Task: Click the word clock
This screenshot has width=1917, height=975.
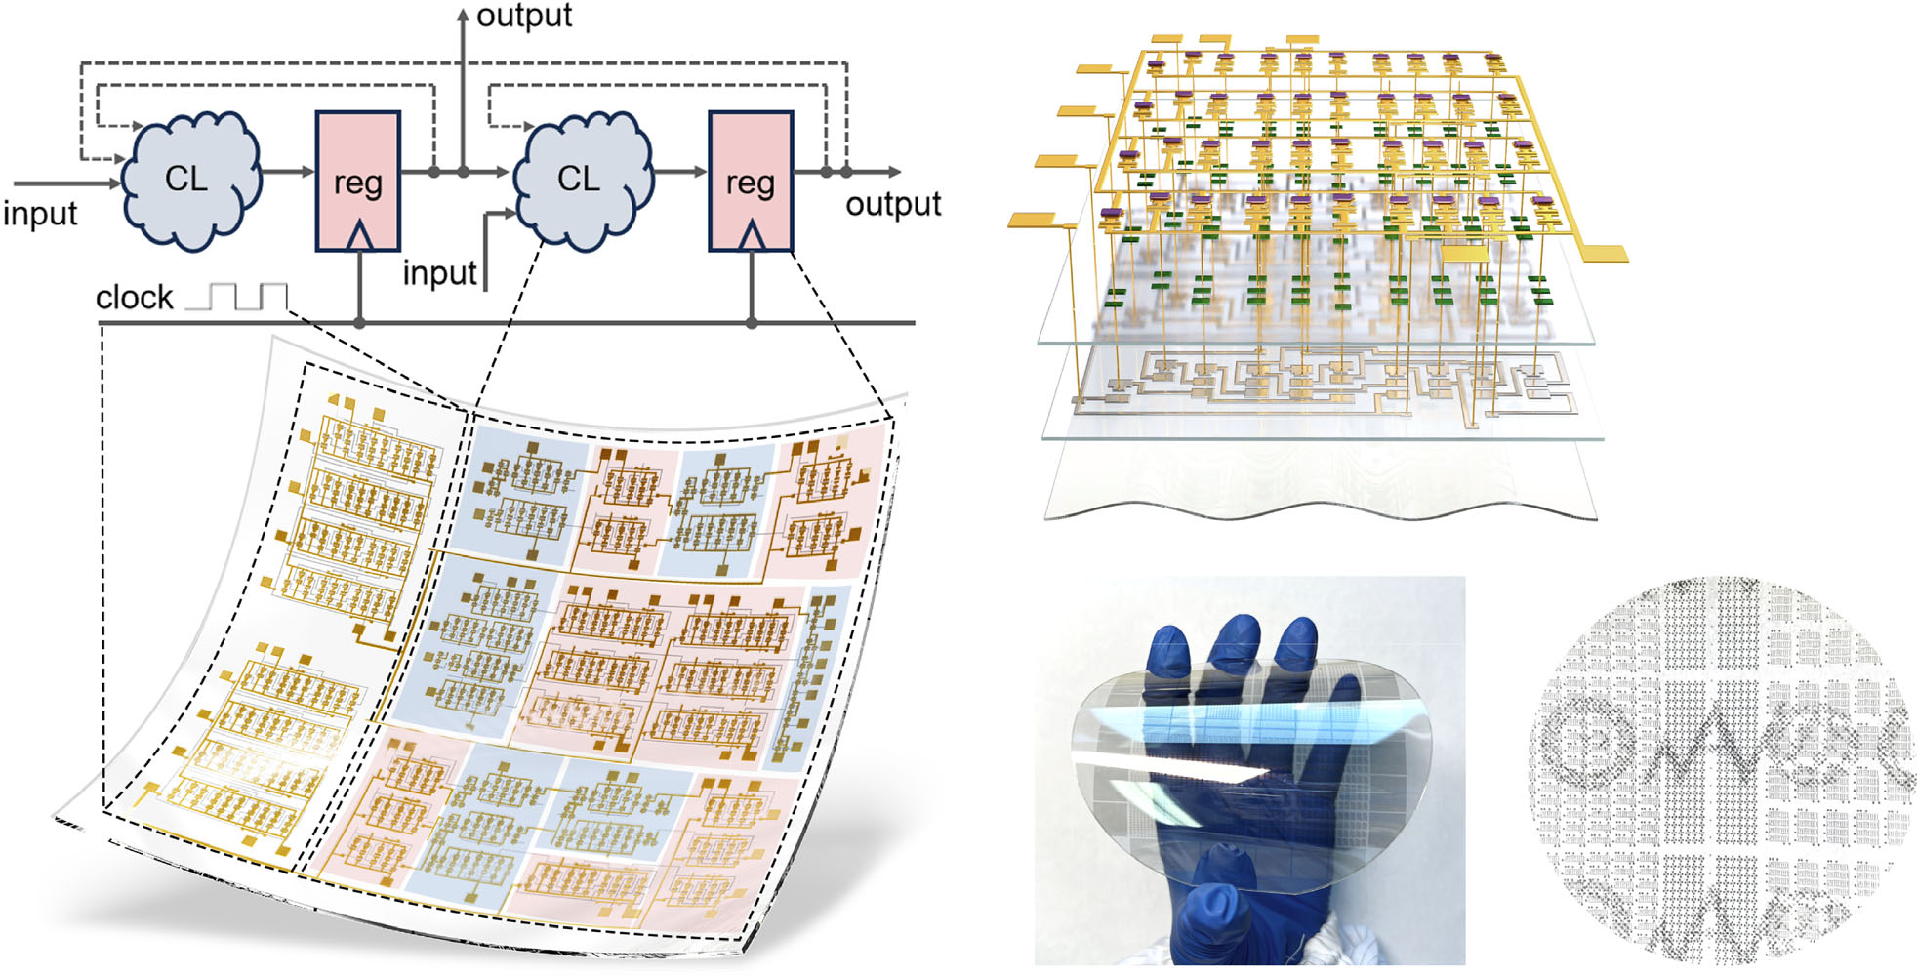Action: pos(134,298)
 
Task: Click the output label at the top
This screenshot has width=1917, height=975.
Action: pos(523,17)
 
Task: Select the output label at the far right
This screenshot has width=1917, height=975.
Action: pos(892,205)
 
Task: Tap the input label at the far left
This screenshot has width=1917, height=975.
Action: pos(39,214)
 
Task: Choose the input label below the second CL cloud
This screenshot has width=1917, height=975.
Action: pos(439,273)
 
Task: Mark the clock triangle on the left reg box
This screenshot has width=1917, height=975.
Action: pos(359,235)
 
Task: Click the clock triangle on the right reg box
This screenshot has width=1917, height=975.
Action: pos(752,235)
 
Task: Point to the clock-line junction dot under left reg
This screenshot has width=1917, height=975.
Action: pos(359,323)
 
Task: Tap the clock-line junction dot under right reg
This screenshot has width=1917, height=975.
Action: pos(752,323)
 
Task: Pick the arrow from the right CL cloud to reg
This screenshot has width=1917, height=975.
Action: pos(679,172)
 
